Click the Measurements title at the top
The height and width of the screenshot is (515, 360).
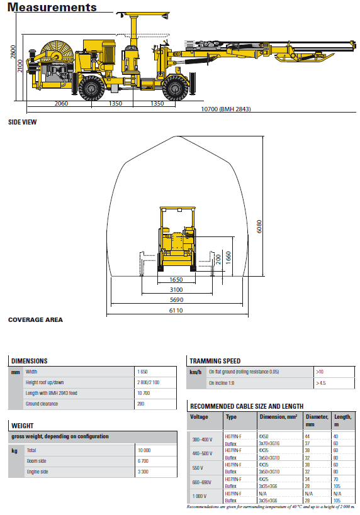tap(52, 8)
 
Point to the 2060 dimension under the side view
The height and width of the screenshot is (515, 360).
tap(61, 103)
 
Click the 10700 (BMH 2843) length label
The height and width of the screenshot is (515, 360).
tap(225, 109)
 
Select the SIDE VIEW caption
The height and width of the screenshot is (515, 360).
tap(22, 122)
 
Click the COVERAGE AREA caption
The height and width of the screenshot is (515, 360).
tap(35, 319)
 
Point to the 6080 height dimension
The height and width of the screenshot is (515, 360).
tap(259, 226)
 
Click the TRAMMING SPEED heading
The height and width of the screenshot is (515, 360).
tap(215, 361)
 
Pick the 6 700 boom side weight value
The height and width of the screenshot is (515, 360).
tap(143, 461)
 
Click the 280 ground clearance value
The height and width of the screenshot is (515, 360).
tap(140, 404)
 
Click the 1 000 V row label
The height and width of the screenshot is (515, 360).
tap(201, 497)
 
